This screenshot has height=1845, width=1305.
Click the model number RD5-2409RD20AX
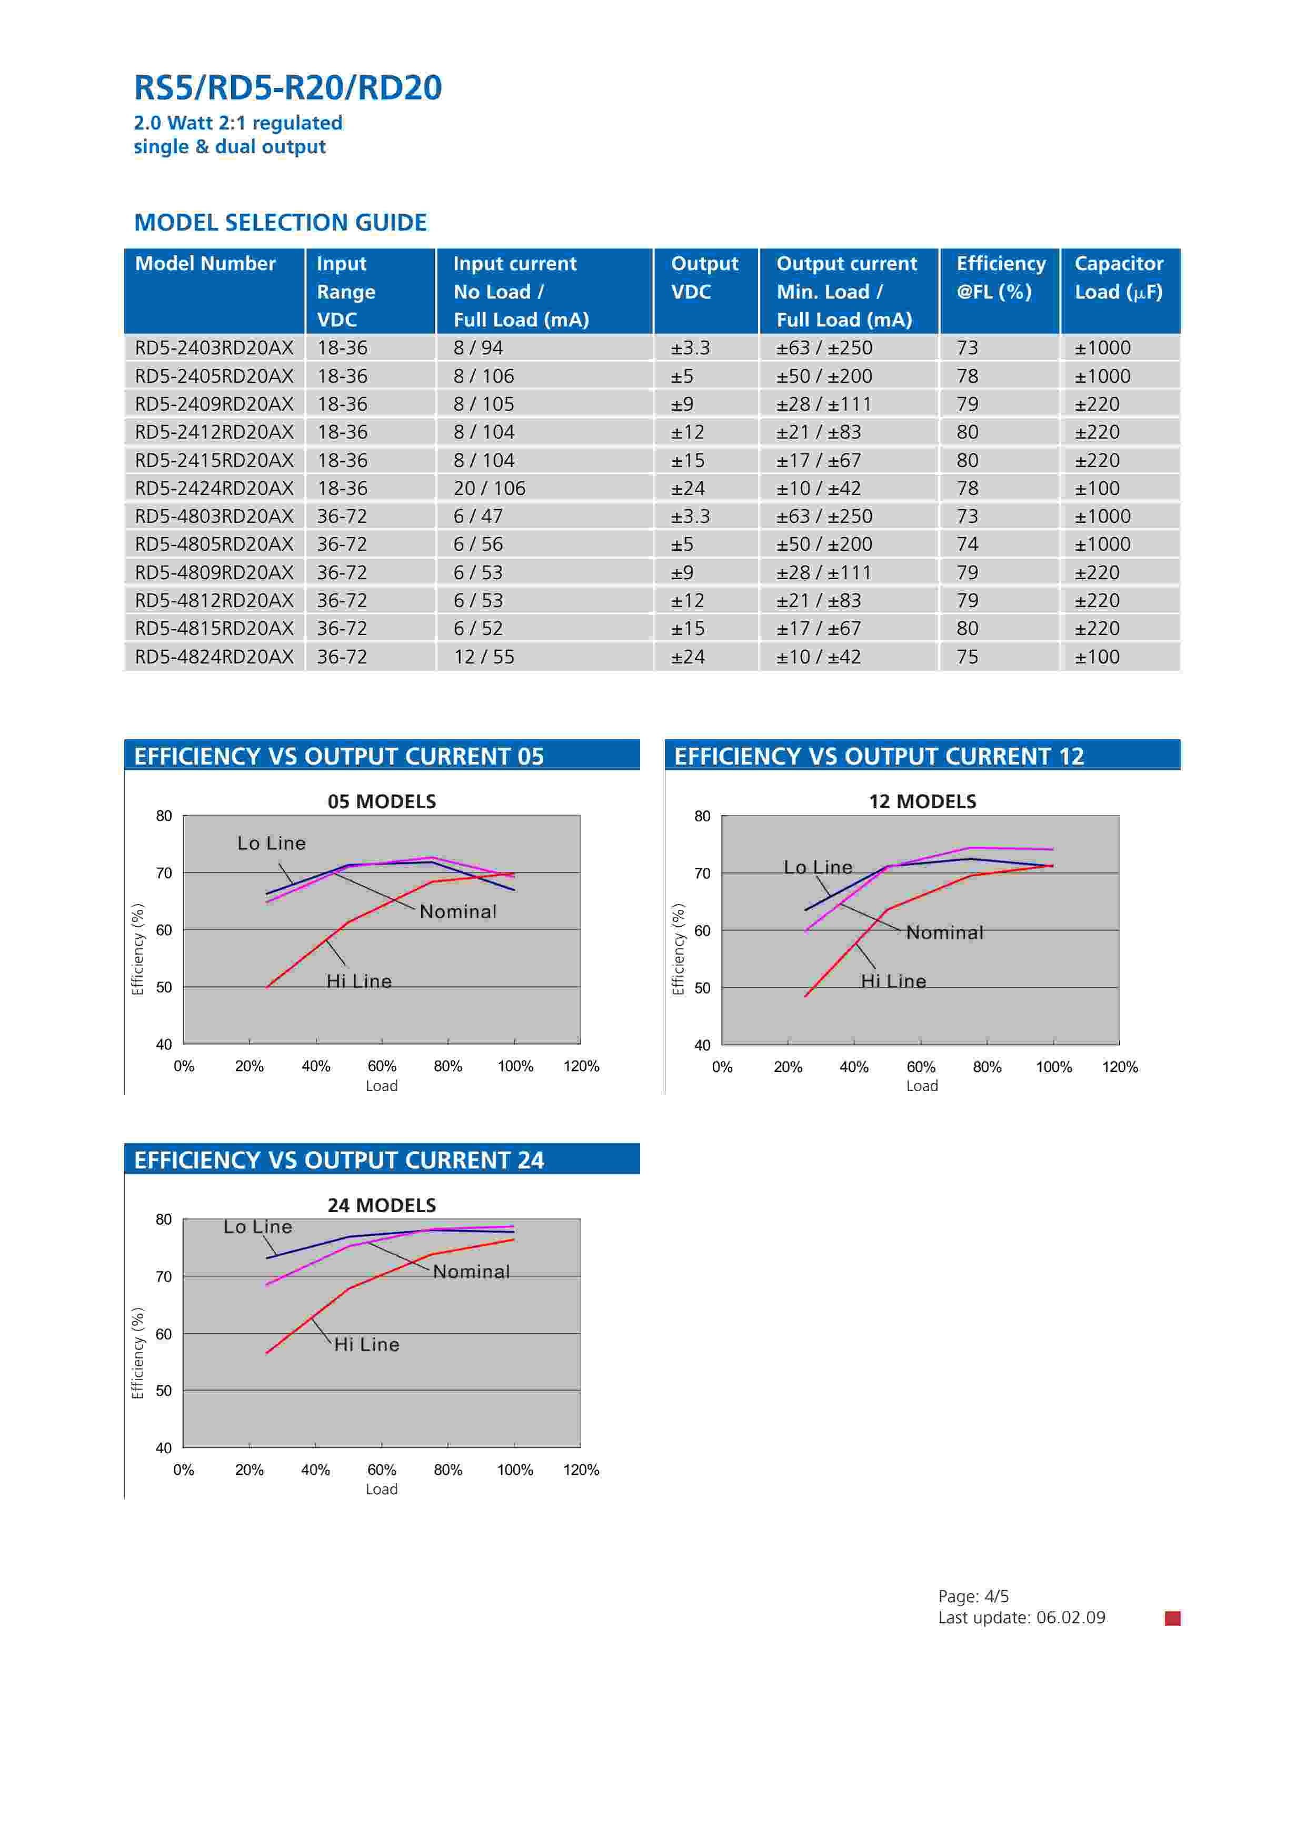[x=214, y=404]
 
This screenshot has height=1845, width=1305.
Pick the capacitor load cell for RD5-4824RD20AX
[x=1097, y=657]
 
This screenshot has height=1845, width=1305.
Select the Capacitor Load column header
[x=1119, y=277]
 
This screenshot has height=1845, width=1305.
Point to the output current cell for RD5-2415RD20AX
[x=818, y=460]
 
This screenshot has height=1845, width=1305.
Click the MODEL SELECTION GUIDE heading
[x=281, y=223]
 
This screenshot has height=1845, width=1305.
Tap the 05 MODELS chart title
[x=382, y=801]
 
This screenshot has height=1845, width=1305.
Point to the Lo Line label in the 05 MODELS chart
[x=272, y=843]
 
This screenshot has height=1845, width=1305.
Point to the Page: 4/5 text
[x=973, y=1596]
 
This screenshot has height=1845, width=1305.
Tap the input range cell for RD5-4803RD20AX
[x=342, y=516]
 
